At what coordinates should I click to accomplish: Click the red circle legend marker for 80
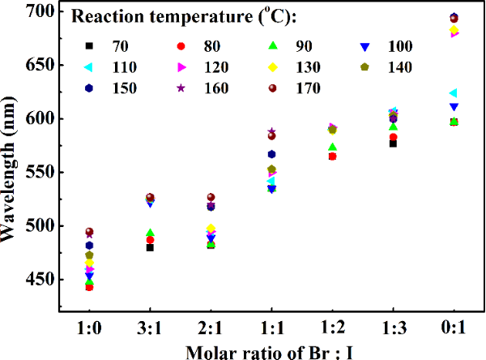[182, 45]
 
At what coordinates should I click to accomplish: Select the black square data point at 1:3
[393, 143]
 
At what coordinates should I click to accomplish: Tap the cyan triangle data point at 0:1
[453, 93]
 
